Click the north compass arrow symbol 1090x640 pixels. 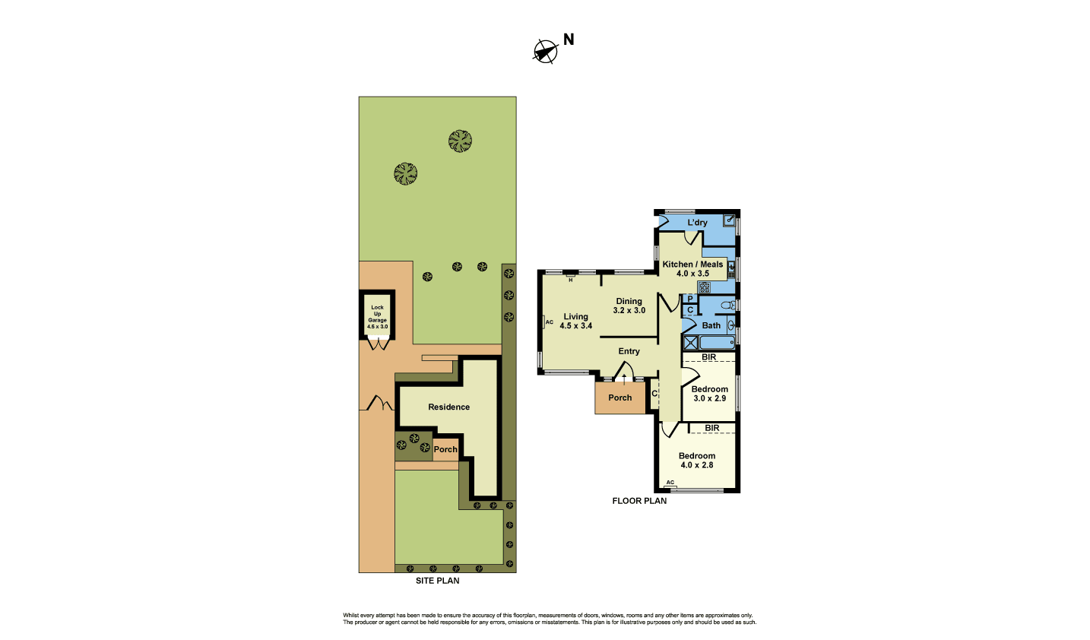[545, 52]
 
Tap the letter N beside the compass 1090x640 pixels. [569, 40]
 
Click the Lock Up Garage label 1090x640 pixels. [377, 317]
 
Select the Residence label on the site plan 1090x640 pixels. [448, 407]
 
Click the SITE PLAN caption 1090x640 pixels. [438, 581]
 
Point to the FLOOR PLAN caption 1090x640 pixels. [639, 501]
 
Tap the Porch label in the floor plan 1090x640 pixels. [620, 398]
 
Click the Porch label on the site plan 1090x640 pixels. [445, 450]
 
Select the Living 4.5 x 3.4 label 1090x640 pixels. [575, 322]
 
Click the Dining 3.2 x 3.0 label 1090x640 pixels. [629, 306]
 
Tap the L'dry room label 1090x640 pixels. [697, 223]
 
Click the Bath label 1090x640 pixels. [711, 325]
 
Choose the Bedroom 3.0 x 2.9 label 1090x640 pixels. [709, 394]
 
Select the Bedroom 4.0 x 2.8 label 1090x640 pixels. [697, 461]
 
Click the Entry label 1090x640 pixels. [629, 351]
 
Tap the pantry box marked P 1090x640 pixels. [690, 299]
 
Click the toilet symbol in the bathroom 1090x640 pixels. [728, 305]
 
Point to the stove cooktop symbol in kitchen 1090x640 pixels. [704, 287]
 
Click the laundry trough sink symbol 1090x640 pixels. [729, 220]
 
